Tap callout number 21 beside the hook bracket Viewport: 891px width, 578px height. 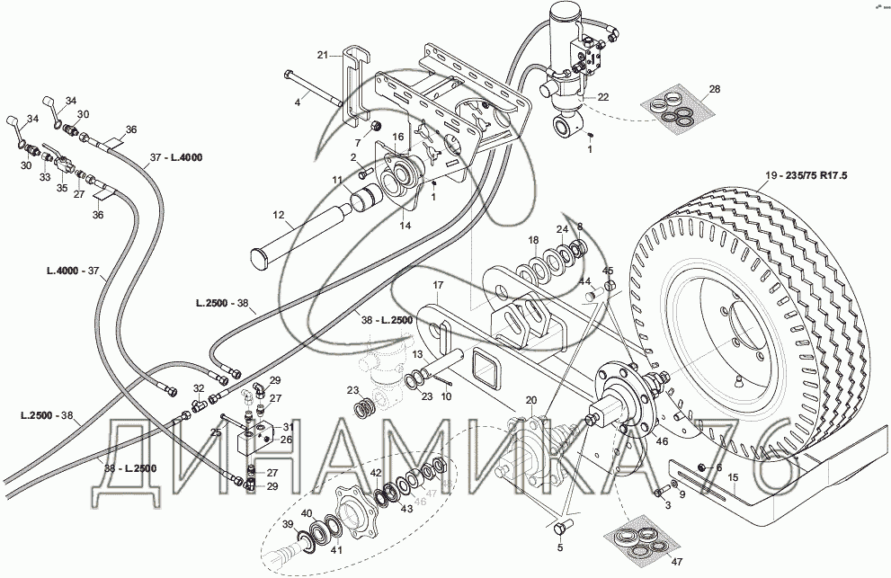click(322, 55)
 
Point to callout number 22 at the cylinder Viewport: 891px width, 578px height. click(603, 97)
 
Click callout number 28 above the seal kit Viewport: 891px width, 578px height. click(715, 89)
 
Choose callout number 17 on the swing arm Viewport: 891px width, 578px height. click(439, 286)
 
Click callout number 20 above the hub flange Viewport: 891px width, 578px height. click(530, 400)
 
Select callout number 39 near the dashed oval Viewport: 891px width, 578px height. click(289, 524)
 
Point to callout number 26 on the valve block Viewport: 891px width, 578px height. click(287, 440)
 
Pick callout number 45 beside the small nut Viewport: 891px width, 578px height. click(608, 271)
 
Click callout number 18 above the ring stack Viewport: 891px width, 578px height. click(533, 240)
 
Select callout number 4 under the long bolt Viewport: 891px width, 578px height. click(297, 103)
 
